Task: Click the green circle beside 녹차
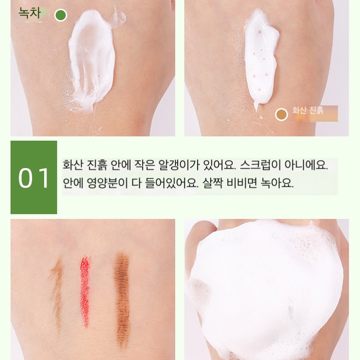61,15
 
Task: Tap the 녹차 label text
30,13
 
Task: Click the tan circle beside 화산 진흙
281,114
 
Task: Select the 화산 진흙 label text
308,110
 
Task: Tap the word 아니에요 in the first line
306,165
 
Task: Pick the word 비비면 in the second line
242,183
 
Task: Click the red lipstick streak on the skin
85,290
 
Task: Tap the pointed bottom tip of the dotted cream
256,110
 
